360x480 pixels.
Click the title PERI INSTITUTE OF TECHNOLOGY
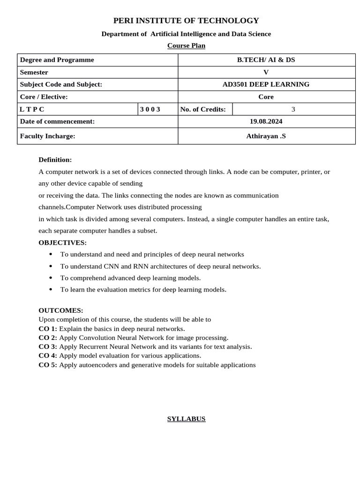click(186, 21)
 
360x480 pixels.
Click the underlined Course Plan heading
click(186, 45)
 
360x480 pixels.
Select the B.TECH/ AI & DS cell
click(266, 60)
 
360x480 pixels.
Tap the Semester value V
click(266, 72)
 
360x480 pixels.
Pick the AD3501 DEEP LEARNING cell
click(266, 84)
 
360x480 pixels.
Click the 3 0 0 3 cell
click(150, 109)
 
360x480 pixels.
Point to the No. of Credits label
click(203, 109)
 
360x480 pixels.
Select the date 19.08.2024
click(266, 121)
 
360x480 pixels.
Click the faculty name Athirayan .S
click(266, 136)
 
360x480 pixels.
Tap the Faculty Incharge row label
click(48, 136)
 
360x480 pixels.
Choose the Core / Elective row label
click(44, 97)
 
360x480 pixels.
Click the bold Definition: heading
click(55, 160)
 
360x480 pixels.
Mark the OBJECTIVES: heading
click(62, 242)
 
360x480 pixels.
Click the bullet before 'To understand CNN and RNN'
click(51, 266)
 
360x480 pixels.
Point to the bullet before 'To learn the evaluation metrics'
click(51, 289)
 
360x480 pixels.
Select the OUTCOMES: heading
click(61, 310)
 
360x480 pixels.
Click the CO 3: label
click(48, 347)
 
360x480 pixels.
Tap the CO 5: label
click(48, 365)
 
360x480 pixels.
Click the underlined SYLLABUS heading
click(186, 419)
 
